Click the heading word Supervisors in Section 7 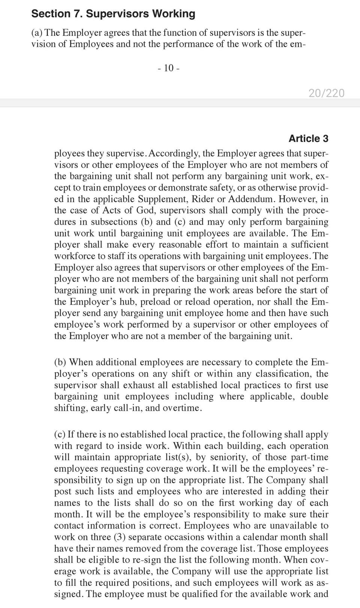pyautogui.click(x=115, y=14)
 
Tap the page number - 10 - pyautogui.click(x=169, y=68)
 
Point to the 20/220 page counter pyautogui.click(x=326, y=93)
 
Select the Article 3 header pyautogui.click(x=308, y=138)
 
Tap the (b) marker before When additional pyautogui.click(x=60, y=362)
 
